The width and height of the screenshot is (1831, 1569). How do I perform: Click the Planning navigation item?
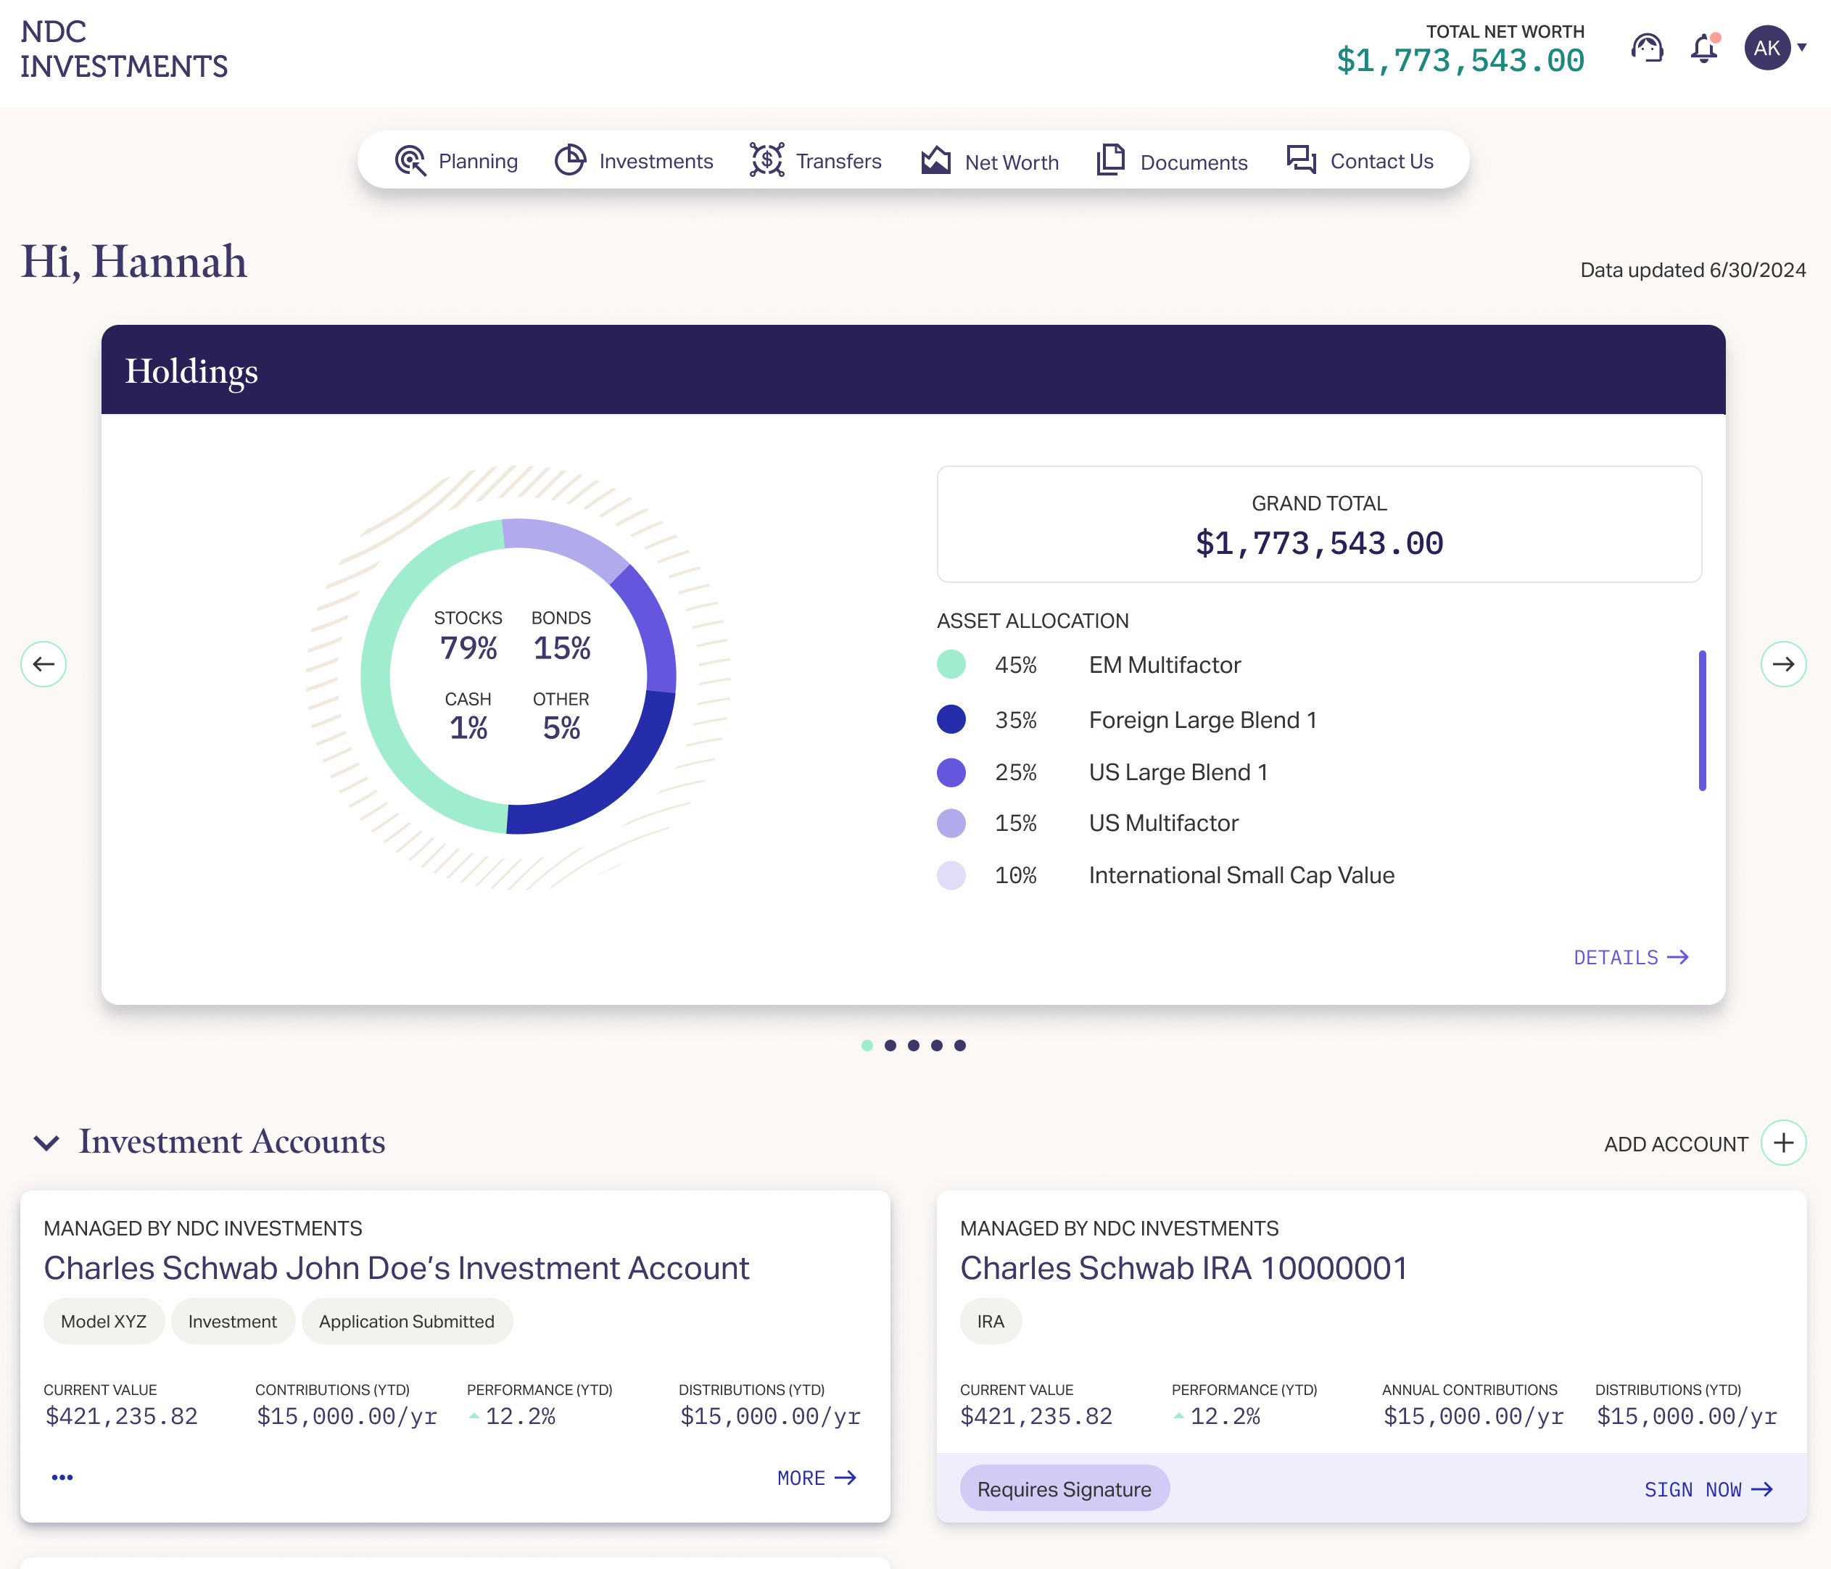tap(457, 161)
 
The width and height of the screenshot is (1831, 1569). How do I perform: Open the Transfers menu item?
tap(816, 161)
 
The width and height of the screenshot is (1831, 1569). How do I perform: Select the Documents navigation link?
tap(1172, 161)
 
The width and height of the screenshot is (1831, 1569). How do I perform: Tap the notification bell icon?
tap(1704, 49)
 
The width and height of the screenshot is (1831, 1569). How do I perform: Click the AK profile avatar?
tap(1766, 48)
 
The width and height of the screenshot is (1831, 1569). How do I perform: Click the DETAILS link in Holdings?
tap(1630, 958)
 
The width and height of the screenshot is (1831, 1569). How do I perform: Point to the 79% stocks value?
tap(468, 647)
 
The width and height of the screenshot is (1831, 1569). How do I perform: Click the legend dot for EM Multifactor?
tap(951, 664)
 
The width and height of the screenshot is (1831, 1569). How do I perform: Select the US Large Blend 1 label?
tap(1178, 772)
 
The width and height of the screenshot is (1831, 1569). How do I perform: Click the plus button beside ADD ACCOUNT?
tap(1783, 1143)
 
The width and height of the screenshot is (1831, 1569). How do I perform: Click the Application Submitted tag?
tap(407, 1322)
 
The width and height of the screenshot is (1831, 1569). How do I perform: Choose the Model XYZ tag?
tap(104, 1322)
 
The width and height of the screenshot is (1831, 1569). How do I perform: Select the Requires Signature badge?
tap(1064, 1489)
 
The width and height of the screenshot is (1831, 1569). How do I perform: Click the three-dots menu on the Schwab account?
tap(62, 1477)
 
